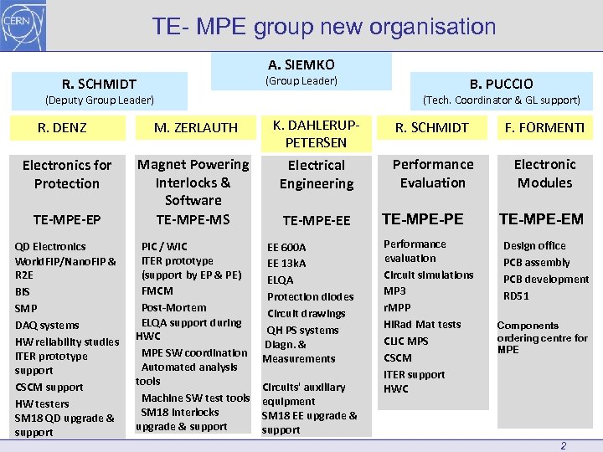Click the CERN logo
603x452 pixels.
click(24, 25)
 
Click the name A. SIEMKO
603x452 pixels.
click(301, 64)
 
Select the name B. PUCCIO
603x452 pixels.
click(501, 83)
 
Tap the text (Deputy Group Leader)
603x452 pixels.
click(99, 100)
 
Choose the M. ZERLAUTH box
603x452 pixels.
click(196, 128)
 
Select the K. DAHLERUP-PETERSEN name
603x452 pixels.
click(316, 134)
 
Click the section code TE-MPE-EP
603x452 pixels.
click(67, 219)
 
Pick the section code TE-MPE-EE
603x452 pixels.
click(316, 221)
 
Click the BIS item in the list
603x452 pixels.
click(23, 292)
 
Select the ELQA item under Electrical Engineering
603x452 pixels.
click(280, 280)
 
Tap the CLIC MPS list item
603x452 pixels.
click(405, 341)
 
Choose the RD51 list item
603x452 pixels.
click(516, 295)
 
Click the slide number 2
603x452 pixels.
click(563, 445)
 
